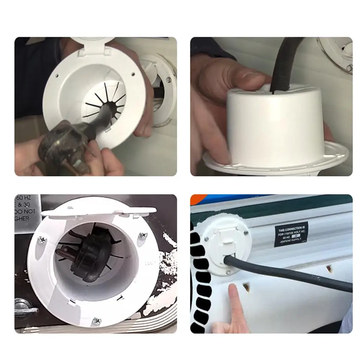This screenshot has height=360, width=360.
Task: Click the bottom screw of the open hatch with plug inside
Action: click(96, 321)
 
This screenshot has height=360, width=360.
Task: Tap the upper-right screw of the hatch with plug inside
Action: click(142, 235)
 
